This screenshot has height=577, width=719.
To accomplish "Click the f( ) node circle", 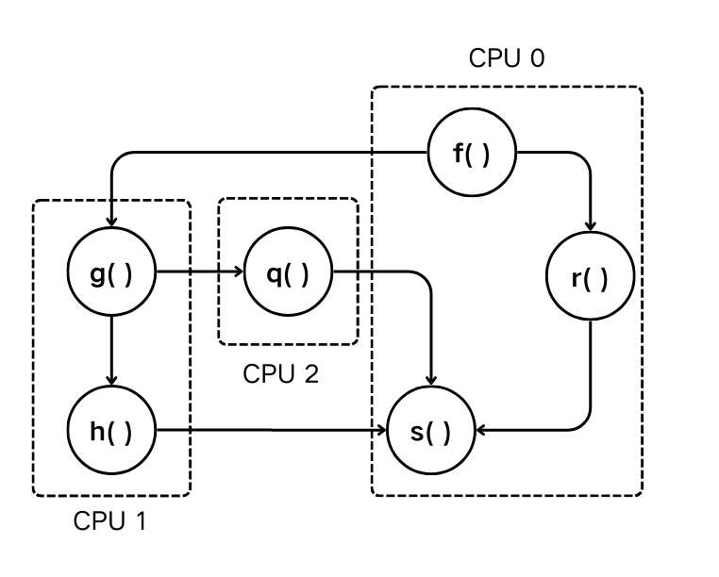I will (x=472, y=154).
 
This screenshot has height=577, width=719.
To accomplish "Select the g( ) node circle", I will (x=111, y=275).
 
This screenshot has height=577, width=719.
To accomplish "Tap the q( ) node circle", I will (x=287, y=275).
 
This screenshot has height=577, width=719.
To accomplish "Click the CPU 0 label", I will (x=507, y=58).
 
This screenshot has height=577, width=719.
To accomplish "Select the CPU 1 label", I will (x=110, y=520).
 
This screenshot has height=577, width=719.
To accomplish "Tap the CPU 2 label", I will (x=280, y=374).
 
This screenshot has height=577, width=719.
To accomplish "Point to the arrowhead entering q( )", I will (x=237, y=274).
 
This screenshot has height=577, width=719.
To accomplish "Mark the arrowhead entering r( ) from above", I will (x=590, y=226).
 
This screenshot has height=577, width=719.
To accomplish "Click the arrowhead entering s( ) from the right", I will (x=482, y=431).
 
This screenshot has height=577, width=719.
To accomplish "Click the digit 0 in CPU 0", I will (x=537, y=58).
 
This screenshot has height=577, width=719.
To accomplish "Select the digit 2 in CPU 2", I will (x=311, y=374).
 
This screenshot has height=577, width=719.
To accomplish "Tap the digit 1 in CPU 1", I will (x=141, y=520).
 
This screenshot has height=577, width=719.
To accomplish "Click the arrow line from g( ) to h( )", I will (x=111, y=349).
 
